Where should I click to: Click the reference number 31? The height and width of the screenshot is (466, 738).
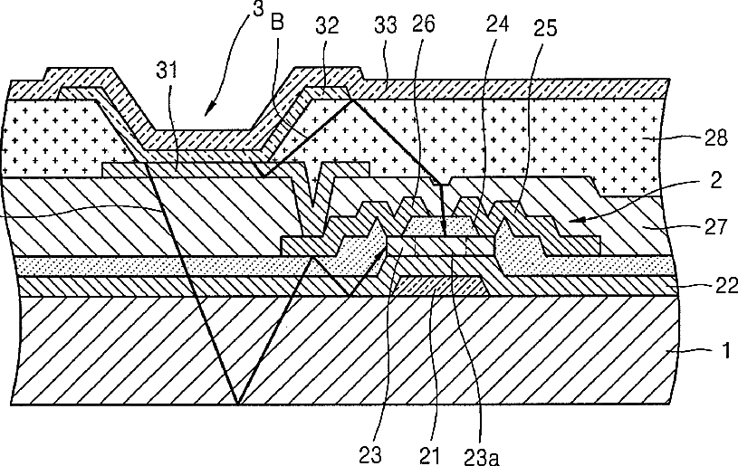tap(168, 70)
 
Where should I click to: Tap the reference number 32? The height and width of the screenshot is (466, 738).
tap(327, 25)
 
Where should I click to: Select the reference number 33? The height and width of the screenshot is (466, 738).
tap(386, 25)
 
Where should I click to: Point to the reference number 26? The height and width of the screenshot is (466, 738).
tap(424, 24)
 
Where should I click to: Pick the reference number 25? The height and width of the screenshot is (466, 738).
tap(545, 28)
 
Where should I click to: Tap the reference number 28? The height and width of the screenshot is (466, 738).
tap(716, 138)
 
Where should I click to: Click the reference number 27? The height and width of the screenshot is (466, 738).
tap(715, 227)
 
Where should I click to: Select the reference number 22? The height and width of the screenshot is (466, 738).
tap(726, 285)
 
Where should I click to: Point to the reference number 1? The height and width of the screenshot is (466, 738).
tap(726, 350)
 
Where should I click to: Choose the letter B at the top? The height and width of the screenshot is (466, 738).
tap(278, 22)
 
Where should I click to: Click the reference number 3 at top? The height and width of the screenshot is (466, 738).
tap(258, 8)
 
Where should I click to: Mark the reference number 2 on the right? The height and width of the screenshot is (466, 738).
tap(715, 180)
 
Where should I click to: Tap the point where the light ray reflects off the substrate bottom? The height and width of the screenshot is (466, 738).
tap(237, 404)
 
